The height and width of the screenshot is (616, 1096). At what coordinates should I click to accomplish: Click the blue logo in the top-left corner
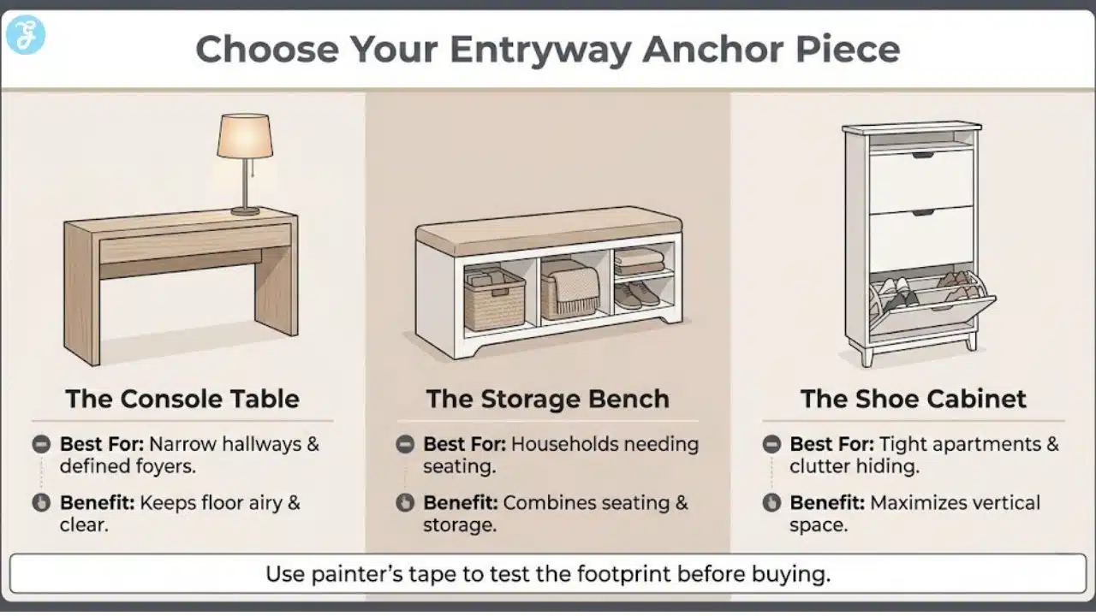tap(26, 35)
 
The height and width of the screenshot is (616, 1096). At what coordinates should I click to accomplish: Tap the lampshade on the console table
tap(245, 136)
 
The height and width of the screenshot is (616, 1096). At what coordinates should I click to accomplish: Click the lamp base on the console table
tap(245, 210)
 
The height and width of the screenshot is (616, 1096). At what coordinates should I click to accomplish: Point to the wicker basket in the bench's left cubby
tap(493, 299)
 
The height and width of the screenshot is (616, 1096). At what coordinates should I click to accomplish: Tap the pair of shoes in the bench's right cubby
tap(637, 294)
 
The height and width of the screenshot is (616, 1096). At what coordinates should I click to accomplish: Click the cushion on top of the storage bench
tap(548, 229)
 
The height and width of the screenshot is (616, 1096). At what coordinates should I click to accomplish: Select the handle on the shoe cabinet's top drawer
tap(922, 155)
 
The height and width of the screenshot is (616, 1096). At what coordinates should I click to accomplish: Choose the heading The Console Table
tap(182, 399)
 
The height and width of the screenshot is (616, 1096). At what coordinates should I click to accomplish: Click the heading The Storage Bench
tap(548, 399)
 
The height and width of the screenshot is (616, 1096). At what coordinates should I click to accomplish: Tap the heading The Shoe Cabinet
tap(913, 399)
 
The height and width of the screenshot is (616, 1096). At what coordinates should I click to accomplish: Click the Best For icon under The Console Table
tap(40, 445)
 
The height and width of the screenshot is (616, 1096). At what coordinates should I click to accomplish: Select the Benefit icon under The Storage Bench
tap(406, 503)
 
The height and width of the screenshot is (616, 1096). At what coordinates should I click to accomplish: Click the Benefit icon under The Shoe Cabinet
tap(771, 503)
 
